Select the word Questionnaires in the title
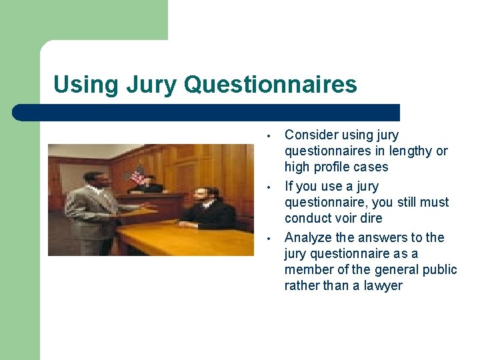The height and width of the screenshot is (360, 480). (270, 85)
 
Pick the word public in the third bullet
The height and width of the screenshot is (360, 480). (439, 269)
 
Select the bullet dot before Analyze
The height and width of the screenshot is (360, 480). (267, 238)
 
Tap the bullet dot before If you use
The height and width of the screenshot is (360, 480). (267, 187)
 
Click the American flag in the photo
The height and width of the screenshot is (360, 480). (138, 176)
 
